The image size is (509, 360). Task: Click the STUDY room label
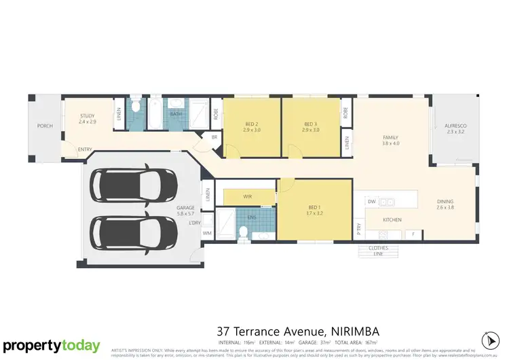[86, 116]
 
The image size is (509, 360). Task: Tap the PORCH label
[45, 126]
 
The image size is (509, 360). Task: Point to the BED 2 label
[252, 124]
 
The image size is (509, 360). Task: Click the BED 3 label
[311, 124]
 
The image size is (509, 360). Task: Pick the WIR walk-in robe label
[247, 197]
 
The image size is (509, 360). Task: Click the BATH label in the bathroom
[176, 114]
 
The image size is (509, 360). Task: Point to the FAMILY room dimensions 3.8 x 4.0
[390, 143]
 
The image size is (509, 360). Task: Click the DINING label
[445, 201]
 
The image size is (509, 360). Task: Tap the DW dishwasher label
[371, 202]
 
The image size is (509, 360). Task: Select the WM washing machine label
[207, 233]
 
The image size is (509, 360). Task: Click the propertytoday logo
[51, 346]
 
